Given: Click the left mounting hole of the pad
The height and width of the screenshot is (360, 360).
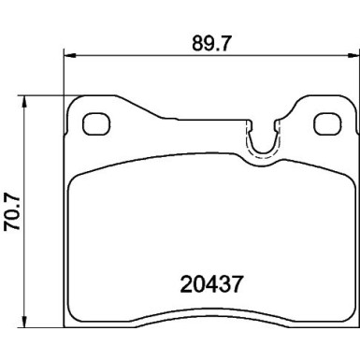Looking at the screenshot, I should coord(95,123).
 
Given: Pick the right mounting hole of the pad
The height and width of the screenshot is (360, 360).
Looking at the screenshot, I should coord(325,123).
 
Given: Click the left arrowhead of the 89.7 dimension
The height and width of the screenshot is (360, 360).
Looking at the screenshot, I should coord(67,54).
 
